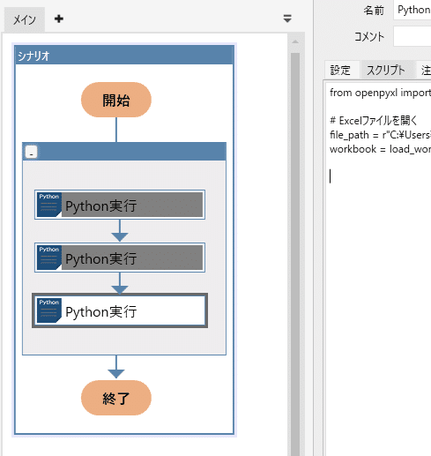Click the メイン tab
click(x=24, y=19)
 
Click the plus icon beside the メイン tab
click(x=59, y=19)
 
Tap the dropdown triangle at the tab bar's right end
click(x=286, y=18)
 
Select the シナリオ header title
click(x=33, y=56)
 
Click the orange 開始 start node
click(x=115, y=100)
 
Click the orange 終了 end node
click(x=115, y=398)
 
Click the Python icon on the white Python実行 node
click(x=48, y=310)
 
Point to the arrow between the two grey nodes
click(x=120, y=233)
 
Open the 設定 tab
click(x=340, y=71)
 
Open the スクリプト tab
click(x=386, y=71)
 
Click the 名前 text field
click(x=412, y=10)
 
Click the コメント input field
click(x=412, y=36)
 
